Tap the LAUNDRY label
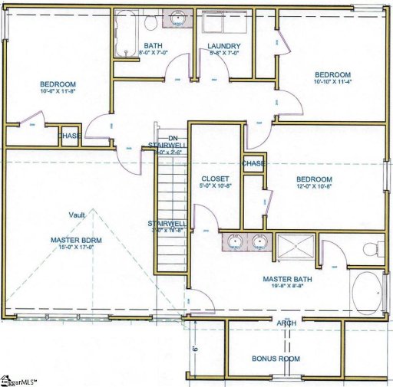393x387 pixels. [223, 46]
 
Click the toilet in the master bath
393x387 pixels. [372, 248]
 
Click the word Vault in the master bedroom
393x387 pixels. [76, 215]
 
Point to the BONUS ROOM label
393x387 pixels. [276, 359]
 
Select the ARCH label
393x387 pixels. [286, 323]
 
